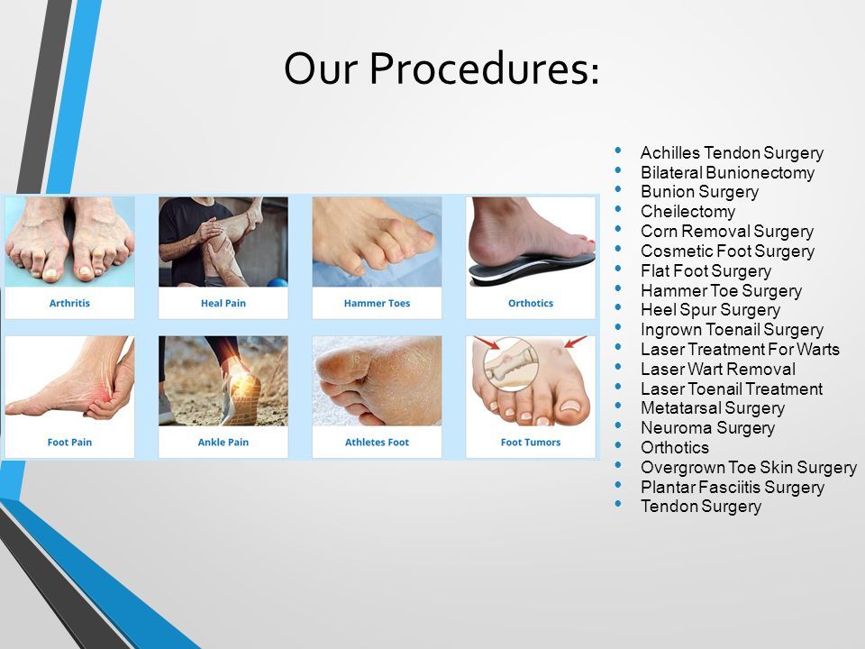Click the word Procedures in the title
point(483,69)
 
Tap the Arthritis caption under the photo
point(69,303)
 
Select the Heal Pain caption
point(223,303)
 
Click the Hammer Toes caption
point(377,303)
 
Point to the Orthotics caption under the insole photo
point(531,303)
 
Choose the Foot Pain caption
point(69,442)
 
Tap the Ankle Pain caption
point(223,442)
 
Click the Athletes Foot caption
point(377,442)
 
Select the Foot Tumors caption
point(531,442)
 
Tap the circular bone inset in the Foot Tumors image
point(510,364)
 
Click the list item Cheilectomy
point(687,211)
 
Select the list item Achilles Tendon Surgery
point(732,153)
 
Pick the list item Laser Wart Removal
point(718,369)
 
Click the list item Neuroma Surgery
point(708,427)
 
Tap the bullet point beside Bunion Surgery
point(618,189)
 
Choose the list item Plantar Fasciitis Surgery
point(733,488)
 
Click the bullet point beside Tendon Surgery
point(618,504)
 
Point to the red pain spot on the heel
point(105,392)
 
